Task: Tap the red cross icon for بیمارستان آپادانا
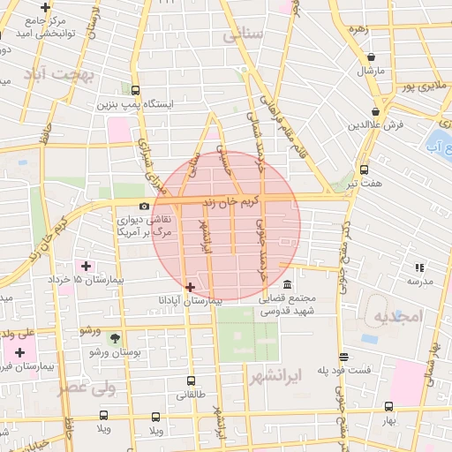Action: pos(190,286)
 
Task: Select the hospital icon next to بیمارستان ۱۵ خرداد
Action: pos(86,266)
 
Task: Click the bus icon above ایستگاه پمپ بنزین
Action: pos(135,90)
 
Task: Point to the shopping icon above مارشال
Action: pos(371,57)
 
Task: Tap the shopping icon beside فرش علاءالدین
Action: pos(377,112)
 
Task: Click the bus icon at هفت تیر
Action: pos(363,170)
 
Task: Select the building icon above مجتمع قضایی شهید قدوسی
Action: pos(288,284)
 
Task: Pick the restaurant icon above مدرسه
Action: pos(419,267)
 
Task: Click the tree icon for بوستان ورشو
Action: pos(115,338)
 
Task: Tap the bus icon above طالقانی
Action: pos(191,381)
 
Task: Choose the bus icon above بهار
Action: pos(388,407)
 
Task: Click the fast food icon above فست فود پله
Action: pos(343,357)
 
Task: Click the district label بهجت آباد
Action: pos(60,74)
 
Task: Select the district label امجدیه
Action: pos(399,315)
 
